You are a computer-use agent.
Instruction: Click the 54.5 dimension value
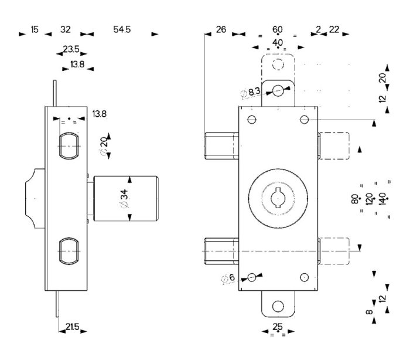(122, 29)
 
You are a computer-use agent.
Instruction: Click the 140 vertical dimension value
(383, 199)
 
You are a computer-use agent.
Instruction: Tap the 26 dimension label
(221, 29)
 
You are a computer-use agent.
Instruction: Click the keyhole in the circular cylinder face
(277, 197)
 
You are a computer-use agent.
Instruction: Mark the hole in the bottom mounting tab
(278, 305)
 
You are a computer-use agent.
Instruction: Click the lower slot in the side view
(69, 250)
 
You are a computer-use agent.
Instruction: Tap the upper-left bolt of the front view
(221, 145)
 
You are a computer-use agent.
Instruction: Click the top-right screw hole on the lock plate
(303, 120)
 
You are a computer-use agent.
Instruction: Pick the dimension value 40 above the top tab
(277, 42)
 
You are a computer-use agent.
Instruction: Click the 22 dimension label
(334, 29)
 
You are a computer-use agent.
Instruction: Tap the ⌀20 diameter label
(104, 142)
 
